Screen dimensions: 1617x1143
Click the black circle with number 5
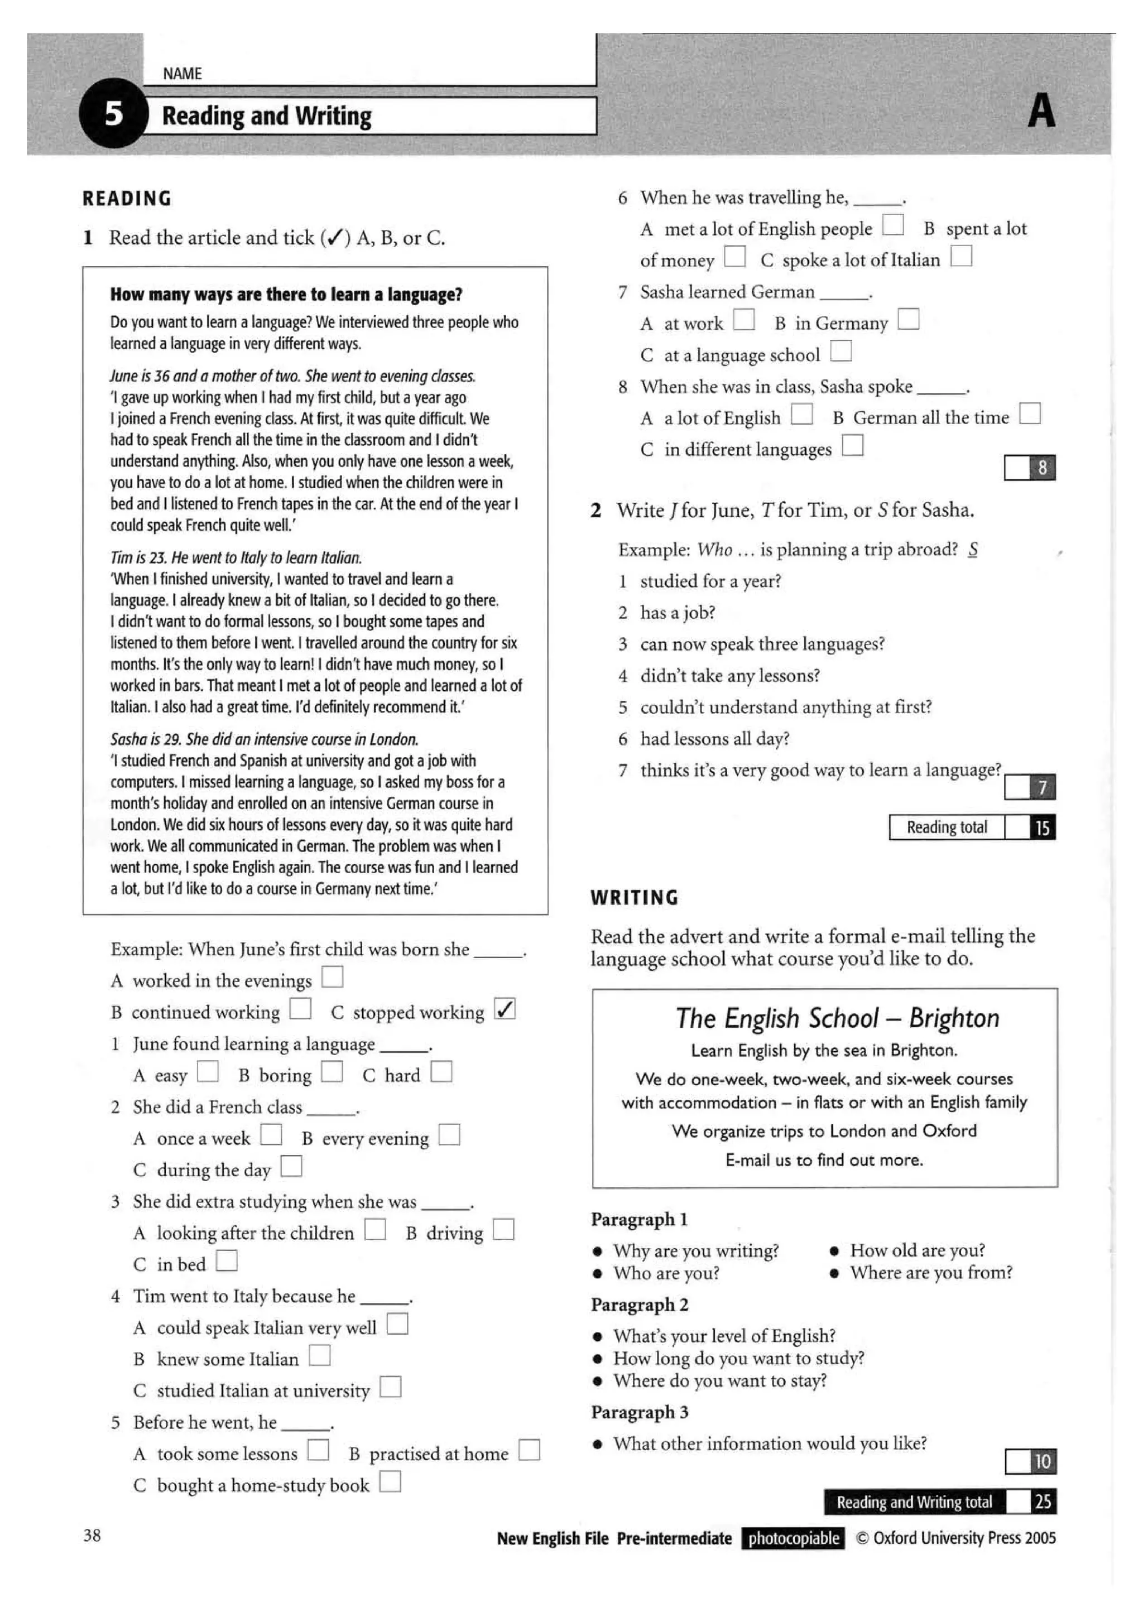pyautogui.click(x=113, y=113)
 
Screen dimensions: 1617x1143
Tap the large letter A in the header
pyautogui.click(x=1041, y=111)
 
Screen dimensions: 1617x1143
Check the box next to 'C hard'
pyautogui.click(x=441, y=1071)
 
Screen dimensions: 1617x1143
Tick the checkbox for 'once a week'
pyautogui.click(x=271, y=1134)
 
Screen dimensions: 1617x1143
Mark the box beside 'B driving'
pyautogui.click(x=503, y=1229)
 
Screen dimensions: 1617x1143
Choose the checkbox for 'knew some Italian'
pyautogui.click(x=319, y=1355)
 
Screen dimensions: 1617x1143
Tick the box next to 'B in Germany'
pyautogui.click(x=908, y=319)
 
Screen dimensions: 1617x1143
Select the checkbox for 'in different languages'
pyautogui.click(x=852, y=445)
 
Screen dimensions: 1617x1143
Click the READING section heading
pyautogui.click(x=127, y=199)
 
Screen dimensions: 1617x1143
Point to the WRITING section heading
pyautogui.click(x=634, y=897)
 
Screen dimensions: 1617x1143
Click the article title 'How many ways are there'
pyautogui.click(x=286, y=295)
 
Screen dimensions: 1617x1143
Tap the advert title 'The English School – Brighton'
pyautogui.click(x=837, y=1018)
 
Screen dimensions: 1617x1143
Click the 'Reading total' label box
pyautogui.click(x=946, y=827)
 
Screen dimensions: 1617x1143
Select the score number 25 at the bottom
pyautogui.click(x=1043, y=1501)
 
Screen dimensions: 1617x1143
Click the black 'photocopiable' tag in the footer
pyautogui.click(x=793, y=1538)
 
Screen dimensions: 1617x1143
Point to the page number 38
pyautogui.click(x=92, y=1536)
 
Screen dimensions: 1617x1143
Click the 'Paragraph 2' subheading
pyautogui.click(x=640, y=1305)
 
